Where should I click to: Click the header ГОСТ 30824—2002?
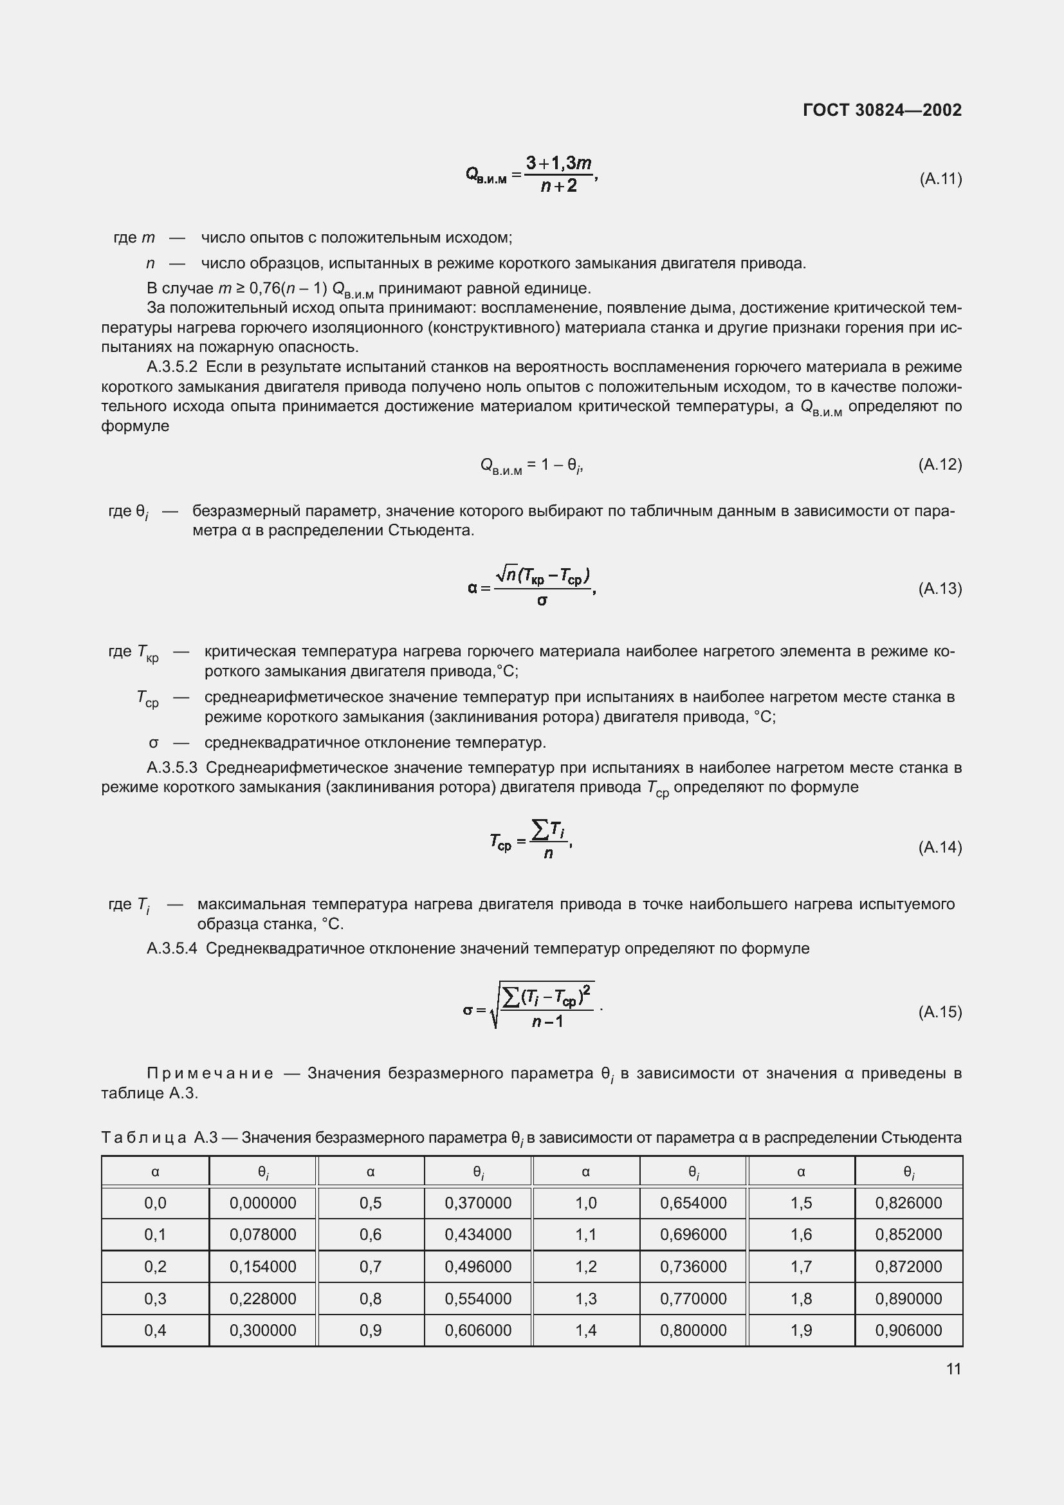tap(882, 110)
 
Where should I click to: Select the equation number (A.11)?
tap(940, 178)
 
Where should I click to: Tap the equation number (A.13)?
tap(940, 589)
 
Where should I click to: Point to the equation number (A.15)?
tap(940, 1012)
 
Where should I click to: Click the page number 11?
tap(953, 1369)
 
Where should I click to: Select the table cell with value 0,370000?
tap(477, 1203)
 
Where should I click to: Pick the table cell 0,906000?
tap(908, 1330)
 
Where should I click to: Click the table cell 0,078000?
tap(262, 1234)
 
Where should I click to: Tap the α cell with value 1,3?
tap(586, 1298)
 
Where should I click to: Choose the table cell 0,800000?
tap(693, 1330)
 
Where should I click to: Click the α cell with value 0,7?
tap(370, 1266)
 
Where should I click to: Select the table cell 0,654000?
tap(693, 1203)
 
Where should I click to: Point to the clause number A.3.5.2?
tap(172, 367)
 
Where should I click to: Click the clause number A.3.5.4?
tap(172, 948)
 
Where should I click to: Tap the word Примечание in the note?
tap(210, 1073)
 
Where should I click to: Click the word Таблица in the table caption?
tap(143, 1137)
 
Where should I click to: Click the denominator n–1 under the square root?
tap(547, 1021)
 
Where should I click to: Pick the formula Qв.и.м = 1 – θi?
tap(531, 465)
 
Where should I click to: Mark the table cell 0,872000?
tap(908, 1266)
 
